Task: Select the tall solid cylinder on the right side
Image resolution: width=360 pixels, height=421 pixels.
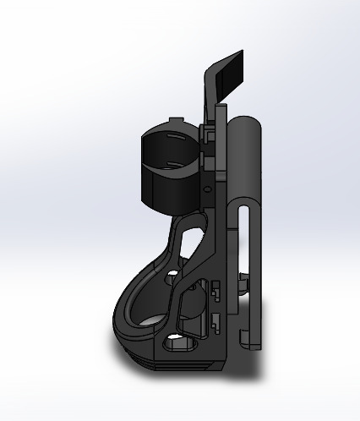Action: pyautogui.click(x=247, y=161)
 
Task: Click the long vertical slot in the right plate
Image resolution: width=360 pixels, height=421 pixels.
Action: pyautogui.click(x=244, y=245)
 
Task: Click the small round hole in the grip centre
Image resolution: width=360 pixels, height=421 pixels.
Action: pyautogui.click(x=173, y=275)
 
